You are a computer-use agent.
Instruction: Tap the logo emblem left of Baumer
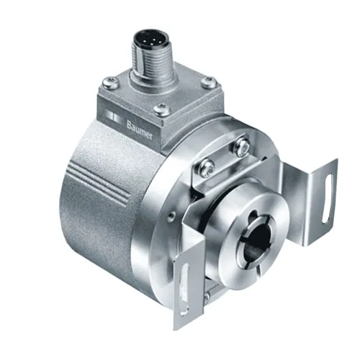(x=114, y=117)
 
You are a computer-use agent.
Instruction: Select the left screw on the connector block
(x=110, y=82)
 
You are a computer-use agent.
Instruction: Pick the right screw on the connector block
(x=208, y=82)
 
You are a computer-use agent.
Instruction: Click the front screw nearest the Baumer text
(x=161, y=109)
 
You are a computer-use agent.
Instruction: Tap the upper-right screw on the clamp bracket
(x=242, y=146)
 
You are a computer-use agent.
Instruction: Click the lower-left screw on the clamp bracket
(x=207, y=166)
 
